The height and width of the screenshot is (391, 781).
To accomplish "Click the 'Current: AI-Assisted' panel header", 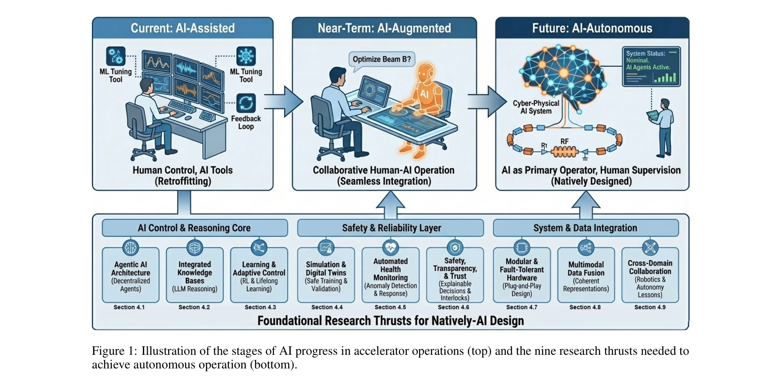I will point(182,28).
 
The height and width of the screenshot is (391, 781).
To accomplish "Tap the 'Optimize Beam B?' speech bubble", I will point(382,60).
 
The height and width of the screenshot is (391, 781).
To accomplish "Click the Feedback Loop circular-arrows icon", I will point(246,103).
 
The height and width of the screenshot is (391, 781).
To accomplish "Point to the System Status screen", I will point(651,66).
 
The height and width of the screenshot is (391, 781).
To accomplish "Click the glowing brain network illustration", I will point(562,75).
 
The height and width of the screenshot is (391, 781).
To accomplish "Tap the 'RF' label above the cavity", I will point(564,141).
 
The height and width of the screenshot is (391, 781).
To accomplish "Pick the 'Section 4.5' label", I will point(390,307).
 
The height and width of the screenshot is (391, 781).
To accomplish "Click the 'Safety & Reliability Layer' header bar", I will point(390,228).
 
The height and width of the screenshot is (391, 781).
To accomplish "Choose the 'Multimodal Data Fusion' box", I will point(586,276).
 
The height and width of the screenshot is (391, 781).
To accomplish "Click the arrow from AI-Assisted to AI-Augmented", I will point(283,101).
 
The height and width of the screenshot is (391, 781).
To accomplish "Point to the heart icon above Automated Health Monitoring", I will point(390,247).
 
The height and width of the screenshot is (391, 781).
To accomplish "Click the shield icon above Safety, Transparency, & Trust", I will point(455,247).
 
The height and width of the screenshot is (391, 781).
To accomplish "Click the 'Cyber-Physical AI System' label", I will point(536,107).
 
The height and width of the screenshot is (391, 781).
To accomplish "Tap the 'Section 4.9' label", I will point(650,307).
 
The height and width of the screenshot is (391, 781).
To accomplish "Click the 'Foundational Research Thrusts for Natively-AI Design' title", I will point(390,321).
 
